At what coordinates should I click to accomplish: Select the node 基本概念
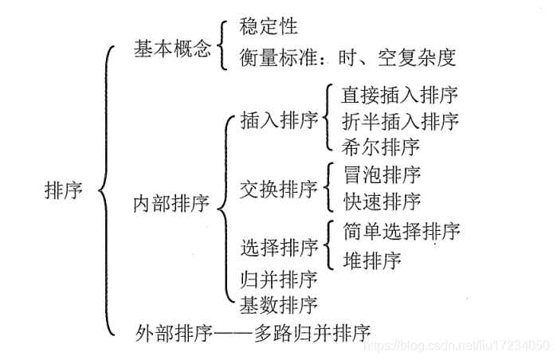click(172, 49)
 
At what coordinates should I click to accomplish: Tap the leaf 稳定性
click(269, 26)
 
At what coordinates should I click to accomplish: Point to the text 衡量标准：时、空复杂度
click(347, 57)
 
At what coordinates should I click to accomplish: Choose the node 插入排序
click(279, 120)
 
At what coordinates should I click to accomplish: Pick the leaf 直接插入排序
click(399, 96)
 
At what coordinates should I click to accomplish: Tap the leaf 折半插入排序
click(399, 121)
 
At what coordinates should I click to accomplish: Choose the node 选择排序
click(279, 248)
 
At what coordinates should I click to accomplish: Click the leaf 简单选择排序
click(401, 232)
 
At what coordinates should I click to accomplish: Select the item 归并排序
click(279, 279)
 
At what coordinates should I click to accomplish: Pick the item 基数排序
click(279, 304)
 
